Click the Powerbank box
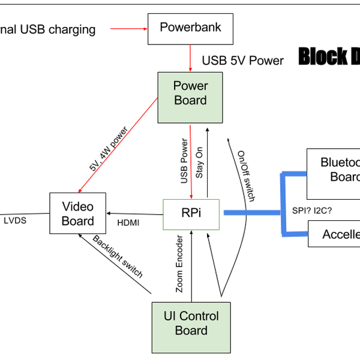190,28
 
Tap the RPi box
191,213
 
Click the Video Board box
78,214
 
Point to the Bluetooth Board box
334,170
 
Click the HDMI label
128,223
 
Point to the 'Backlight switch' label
118,256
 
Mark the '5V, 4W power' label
109,149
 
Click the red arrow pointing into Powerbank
128,28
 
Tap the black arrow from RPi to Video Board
135,213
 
